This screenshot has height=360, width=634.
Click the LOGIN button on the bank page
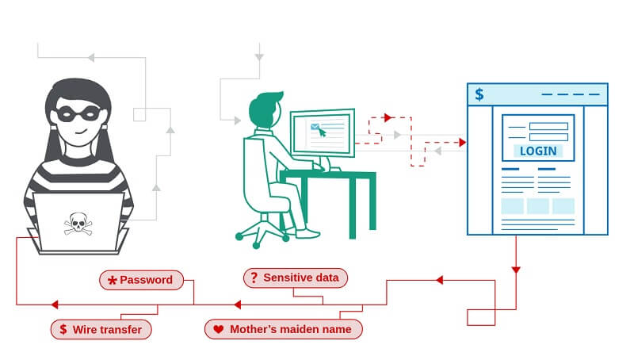538,151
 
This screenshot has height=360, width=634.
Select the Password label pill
141,279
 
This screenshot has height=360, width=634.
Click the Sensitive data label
295,278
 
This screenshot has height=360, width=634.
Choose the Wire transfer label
101,328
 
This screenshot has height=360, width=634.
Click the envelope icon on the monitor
315,126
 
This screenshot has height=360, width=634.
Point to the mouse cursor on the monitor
322,132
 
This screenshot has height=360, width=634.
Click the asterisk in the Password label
113,280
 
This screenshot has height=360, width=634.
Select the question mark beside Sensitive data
254,278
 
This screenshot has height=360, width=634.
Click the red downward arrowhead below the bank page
516,270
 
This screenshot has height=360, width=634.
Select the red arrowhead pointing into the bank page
461,143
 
